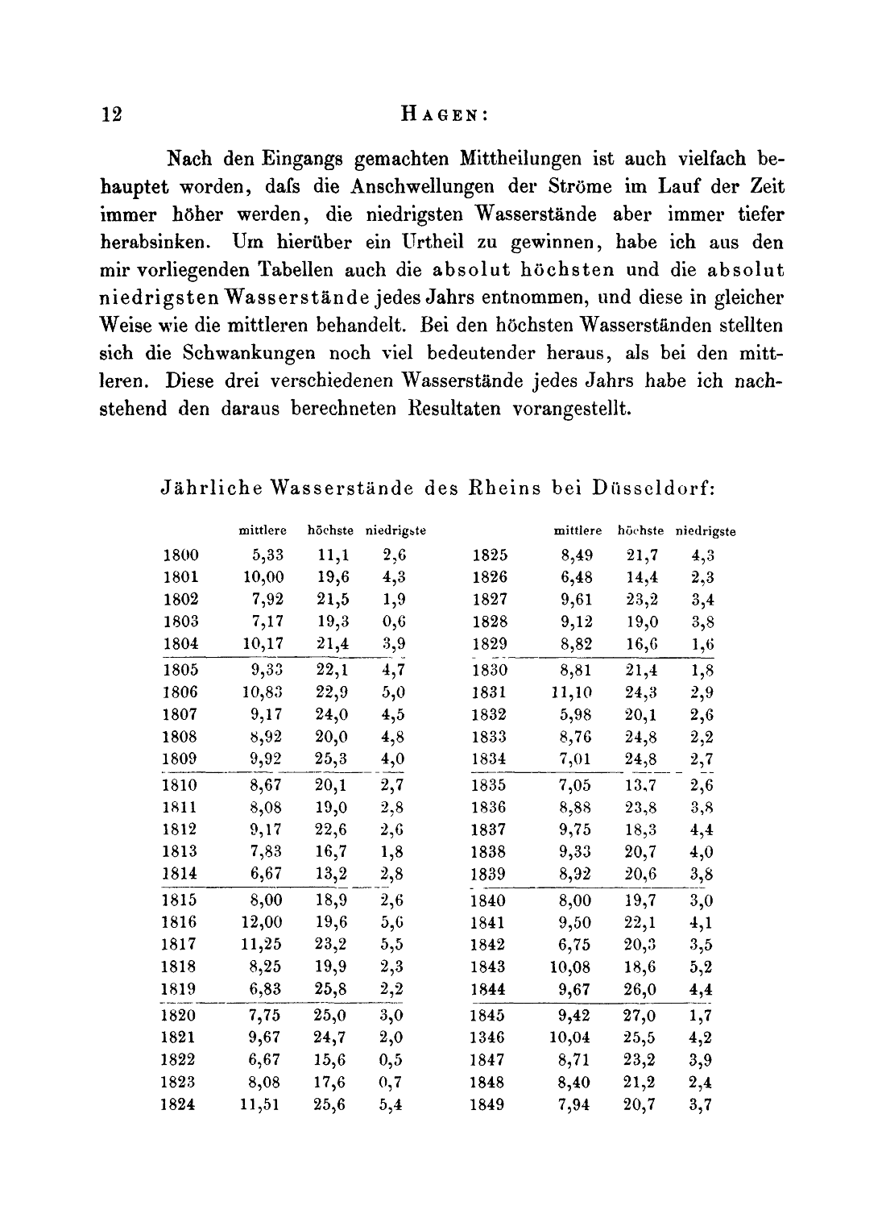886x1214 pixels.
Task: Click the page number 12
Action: (x=112, y=114)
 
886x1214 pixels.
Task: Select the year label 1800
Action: (x=180, y=555)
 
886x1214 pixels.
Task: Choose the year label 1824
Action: (x=179, y=1105)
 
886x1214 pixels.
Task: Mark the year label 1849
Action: (x=487, y=1105)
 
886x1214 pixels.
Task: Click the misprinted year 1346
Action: (x=487, y=1038)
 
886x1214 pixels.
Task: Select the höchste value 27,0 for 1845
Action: (x=640, y=1016)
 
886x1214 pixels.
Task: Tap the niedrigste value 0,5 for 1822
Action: (x=391, y=1060)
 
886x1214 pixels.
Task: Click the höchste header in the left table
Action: (x=330, y=531)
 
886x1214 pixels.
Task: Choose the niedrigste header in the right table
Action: (x=706, y=531)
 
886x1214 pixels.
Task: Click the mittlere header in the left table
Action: (x=263, y=531)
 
